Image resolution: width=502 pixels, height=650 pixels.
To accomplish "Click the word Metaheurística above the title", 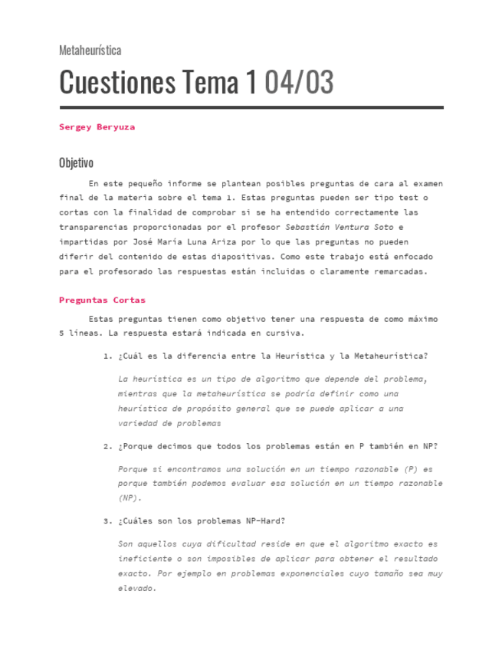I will coord(90,51).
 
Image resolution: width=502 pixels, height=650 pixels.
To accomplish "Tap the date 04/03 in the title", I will coord(298,82).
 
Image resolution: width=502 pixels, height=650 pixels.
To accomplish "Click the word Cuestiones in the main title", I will coord(117,82).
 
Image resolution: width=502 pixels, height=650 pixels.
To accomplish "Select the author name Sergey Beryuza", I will coord(97,127).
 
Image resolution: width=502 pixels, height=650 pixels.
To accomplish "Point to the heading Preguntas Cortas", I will coord(102,300).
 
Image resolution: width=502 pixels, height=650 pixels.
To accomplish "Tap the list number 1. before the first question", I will coord(107,356).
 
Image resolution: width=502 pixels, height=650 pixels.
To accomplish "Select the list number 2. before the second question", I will coord(107,446).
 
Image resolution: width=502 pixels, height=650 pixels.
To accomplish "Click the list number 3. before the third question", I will coord(107,521).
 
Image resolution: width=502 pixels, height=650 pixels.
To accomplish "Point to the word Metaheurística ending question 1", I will coord(389,356).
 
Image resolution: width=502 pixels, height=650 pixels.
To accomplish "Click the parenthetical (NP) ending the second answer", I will coord(129,497).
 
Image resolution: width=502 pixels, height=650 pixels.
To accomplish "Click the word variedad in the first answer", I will coord(138,423).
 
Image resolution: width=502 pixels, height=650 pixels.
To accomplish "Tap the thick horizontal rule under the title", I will coord(251,107).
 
